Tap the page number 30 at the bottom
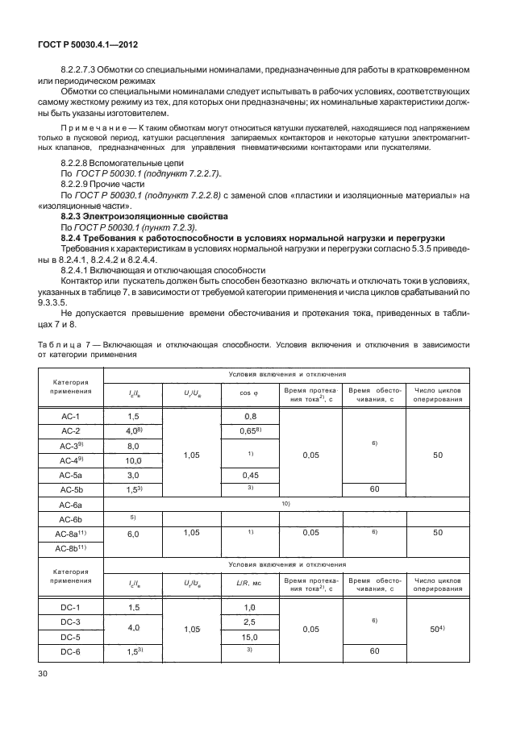pos(41,674)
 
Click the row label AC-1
pos(72,416)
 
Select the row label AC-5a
pos(72,475)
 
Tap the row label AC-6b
pos(72,518)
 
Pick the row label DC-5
pos(72,636)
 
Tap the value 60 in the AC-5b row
pos(373,489)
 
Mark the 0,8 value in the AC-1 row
pos(249,416)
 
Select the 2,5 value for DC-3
pos(249,622)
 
